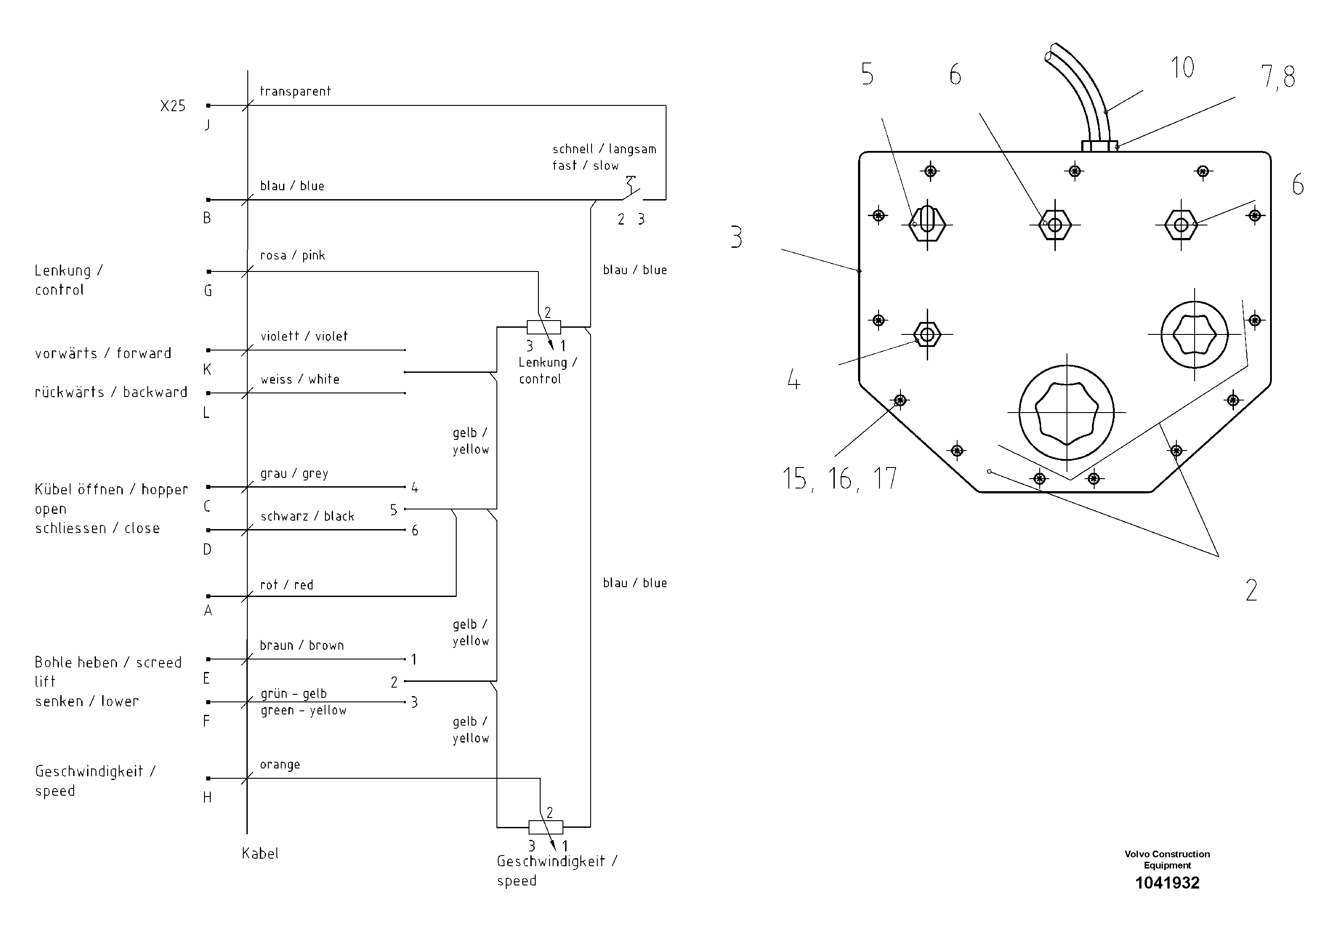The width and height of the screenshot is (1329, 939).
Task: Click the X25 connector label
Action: tap(172, 106)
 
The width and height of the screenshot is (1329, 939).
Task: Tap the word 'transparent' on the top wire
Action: tap(295, 92)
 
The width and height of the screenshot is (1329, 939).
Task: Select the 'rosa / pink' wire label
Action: tap(292, 255)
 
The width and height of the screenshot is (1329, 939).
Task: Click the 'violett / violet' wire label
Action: tap(304, 336)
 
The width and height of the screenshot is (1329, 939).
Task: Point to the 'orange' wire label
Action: tap(279, 765)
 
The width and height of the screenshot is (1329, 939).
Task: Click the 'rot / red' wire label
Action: tap(287, 585)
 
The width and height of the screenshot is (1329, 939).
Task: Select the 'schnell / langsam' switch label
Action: tap(604, 150)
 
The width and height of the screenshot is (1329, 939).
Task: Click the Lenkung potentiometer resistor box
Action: tap(544, 328)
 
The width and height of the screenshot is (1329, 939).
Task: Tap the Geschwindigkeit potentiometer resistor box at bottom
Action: tap(545, 827)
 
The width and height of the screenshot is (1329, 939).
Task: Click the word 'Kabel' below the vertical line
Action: tap(260, 854)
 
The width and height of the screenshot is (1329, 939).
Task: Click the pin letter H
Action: tap(207, 798)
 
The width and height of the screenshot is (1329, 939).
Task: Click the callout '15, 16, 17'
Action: tap(839, 479)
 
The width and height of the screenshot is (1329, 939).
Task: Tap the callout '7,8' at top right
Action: tap(1278, 77)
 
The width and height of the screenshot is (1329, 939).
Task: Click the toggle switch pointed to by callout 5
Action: tap(927, 223)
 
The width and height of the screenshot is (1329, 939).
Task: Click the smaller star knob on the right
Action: tap(1194, 334)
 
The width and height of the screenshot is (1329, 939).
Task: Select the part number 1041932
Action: tap(1167, 883)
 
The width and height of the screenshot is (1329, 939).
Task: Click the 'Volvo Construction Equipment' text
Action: tap(1167, 860)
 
